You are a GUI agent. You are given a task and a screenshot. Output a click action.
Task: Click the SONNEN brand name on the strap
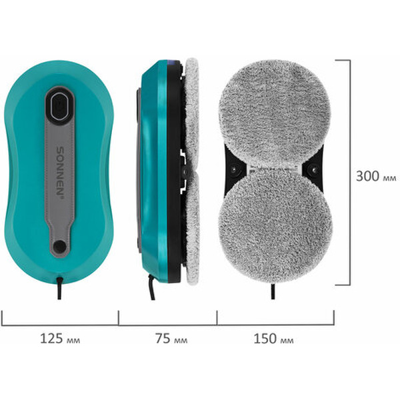pyautogui.click(x=60, y=171)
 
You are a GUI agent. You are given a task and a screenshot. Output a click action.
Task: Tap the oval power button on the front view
pyautogui.click(x=60, y=105)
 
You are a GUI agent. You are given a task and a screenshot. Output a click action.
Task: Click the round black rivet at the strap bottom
pyautogui.click(x=60, y=246)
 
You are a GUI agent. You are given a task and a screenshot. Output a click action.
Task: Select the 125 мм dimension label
pyautogui.click(x=60, y=339)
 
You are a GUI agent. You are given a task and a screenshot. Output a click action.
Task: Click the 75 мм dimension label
pyautogui.click(x=171, y=339)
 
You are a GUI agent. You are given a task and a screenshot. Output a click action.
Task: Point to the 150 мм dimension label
pyautogui.click(x=273, y=339)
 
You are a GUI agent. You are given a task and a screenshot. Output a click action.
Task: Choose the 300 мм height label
pyautogui.click(x=376, y=176)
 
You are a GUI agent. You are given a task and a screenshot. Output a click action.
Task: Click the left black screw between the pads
pyautogui.click(x=233, y=169)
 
